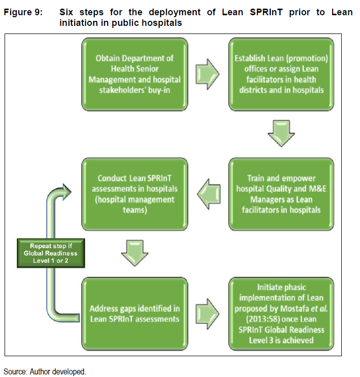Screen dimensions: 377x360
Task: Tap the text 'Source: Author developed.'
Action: point(45,371)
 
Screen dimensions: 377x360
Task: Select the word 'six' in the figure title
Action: point(66,12)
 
